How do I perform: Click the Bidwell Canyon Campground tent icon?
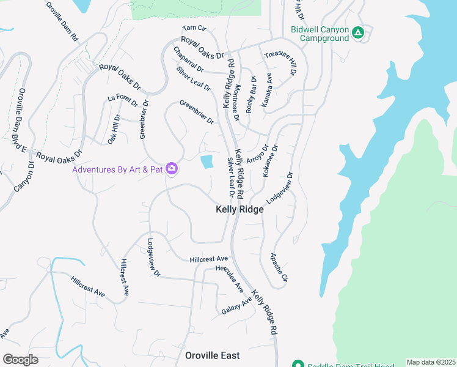tap(358, 32)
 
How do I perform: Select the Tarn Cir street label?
tap(195, 29)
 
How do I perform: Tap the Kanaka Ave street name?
tap(267, 91)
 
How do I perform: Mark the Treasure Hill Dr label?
tap(280, 64)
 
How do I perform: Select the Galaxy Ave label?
tap(236, 306)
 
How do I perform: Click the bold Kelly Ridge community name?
tap(239, 209)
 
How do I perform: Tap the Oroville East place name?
tap(213, 355)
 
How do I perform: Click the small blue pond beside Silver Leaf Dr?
tap(207, 162)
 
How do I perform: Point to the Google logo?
tap(21, 360)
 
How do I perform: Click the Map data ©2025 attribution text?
tap(431, 362)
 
